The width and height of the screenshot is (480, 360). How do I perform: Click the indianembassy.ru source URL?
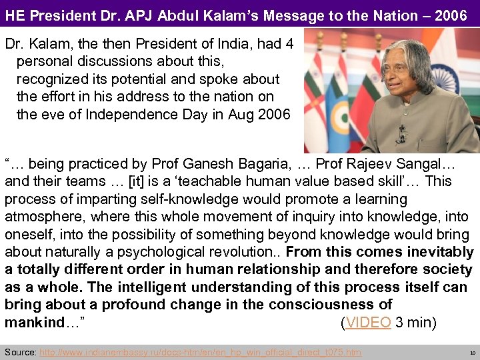coord(201,352)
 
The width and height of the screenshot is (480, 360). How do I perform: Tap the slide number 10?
coord(472,352)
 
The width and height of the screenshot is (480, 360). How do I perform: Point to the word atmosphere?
coord(45,217)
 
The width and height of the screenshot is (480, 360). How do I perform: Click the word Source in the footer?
coord(20,352)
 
